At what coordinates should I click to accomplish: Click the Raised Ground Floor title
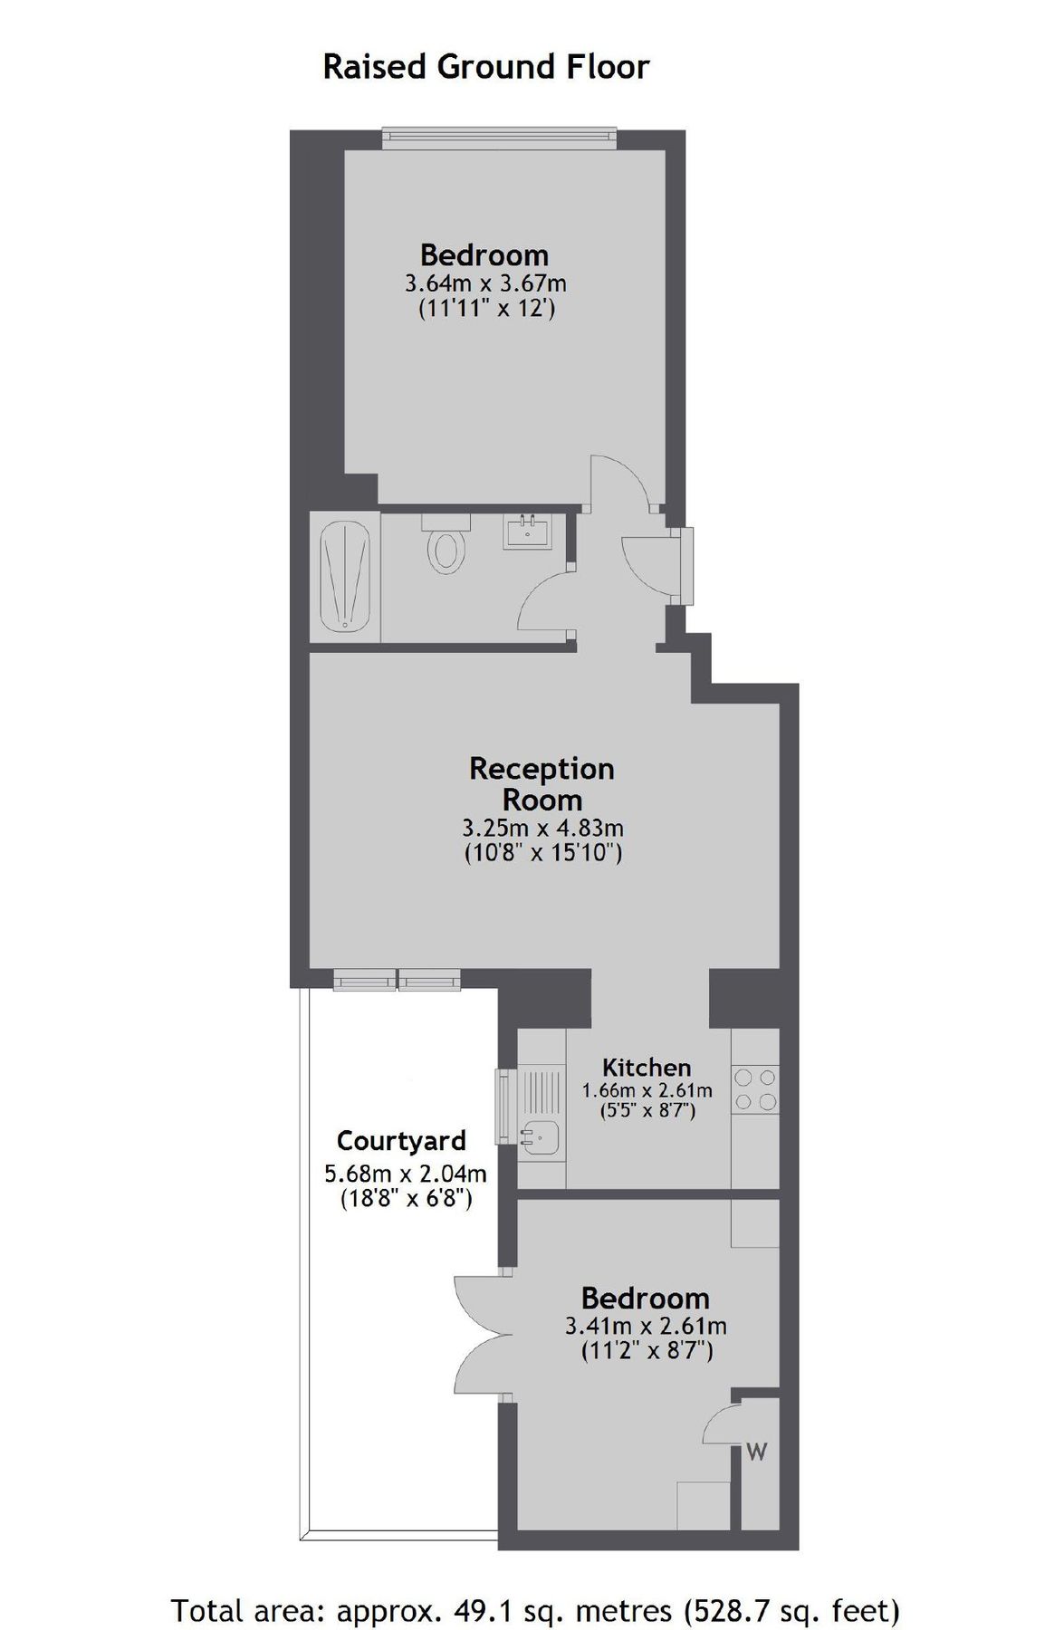click(486, 67)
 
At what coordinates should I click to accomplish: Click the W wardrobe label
click(757, 1452)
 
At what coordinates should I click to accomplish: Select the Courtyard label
click(401, 1140)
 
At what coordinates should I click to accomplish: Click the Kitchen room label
click(647, 1067)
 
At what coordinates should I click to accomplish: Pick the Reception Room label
click(542, 783)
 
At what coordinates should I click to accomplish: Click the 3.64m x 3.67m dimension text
click(486, 283)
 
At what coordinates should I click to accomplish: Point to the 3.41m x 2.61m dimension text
click(646, 1327)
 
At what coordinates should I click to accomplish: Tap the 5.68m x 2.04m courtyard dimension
click(405, 1174)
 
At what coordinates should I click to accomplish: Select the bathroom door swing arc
click(543, 602)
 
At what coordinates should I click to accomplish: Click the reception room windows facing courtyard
click(397, 980)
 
